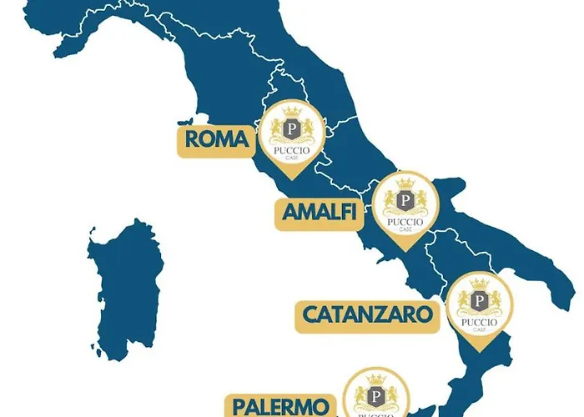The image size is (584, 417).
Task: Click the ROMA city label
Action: point(216,140)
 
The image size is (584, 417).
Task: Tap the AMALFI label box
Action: point(320,214)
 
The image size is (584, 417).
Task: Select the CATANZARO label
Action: point(368,314)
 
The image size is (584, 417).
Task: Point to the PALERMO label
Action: point(279,406)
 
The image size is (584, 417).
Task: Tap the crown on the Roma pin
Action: point(291,112)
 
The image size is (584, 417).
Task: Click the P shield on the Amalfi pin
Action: point(404,201)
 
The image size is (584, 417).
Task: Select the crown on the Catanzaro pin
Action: point(479,284)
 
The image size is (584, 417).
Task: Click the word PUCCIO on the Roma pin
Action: point(291,150)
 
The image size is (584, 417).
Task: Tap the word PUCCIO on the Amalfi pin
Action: point(404,221)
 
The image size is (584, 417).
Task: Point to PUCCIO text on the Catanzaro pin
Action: point(479,321)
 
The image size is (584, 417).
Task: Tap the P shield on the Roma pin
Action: point(291,129)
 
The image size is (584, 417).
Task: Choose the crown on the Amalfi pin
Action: point(404,183)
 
